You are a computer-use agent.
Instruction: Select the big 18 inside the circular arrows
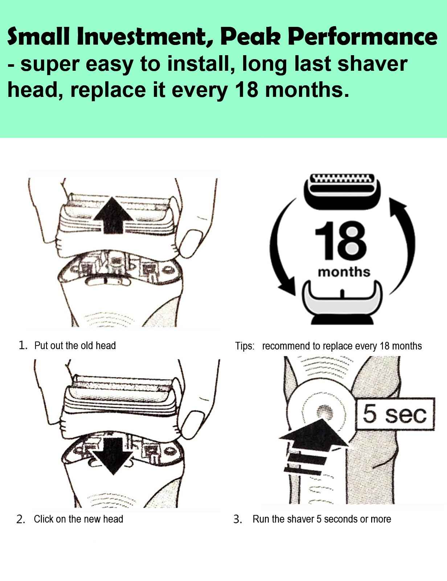point(340,241)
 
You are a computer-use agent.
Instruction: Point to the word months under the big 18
point(344,272)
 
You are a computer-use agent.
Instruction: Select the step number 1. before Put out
point(23,345)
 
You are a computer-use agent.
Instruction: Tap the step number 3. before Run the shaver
point(238,519)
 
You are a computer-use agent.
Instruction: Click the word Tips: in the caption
point(245,346)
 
